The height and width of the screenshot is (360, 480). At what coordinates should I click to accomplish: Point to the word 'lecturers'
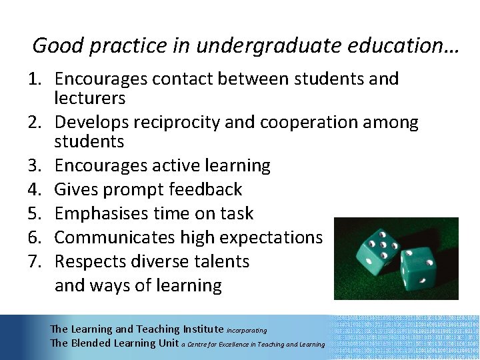click(x=90, y=98)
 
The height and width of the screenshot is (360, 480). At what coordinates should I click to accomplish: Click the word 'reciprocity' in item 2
click(x=167, y=123)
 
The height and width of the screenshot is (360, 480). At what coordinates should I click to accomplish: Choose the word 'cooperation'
click(x=300, y=123)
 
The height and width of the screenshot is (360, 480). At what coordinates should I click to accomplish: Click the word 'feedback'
click(x=206, y=189)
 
